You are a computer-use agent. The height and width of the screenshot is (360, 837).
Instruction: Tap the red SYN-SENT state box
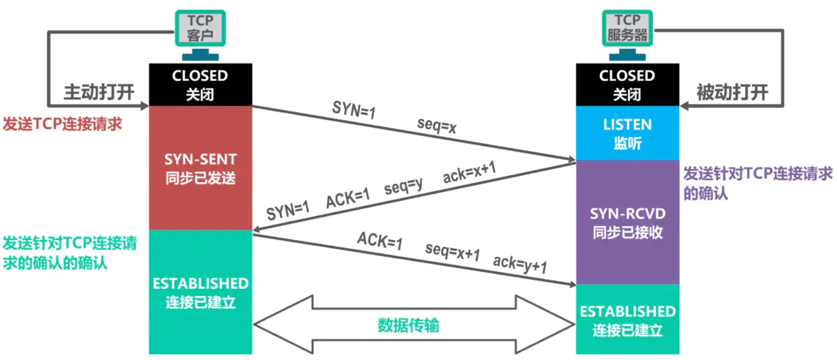(199, 168)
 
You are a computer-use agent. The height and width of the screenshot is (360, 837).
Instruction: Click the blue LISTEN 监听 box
(627, 133)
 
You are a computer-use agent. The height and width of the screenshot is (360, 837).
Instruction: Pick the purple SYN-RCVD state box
(627, 222)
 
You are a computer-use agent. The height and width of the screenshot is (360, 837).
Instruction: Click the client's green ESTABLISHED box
(199, 292)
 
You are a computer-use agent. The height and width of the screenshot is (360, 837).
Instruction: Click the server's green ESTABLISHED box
(627, 319)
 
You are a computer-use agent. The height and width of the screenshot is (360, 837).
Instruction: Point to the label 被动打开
(732, 93)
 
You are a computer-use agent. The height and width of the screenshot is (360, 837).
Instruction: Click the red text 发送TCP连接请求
(62, 124)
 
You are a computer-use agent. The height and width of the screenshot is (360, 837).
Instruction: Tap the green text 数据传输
(409, 325)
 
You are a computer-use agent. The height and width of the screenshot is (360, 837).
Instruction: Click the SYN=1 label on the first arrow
(354, 112)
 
